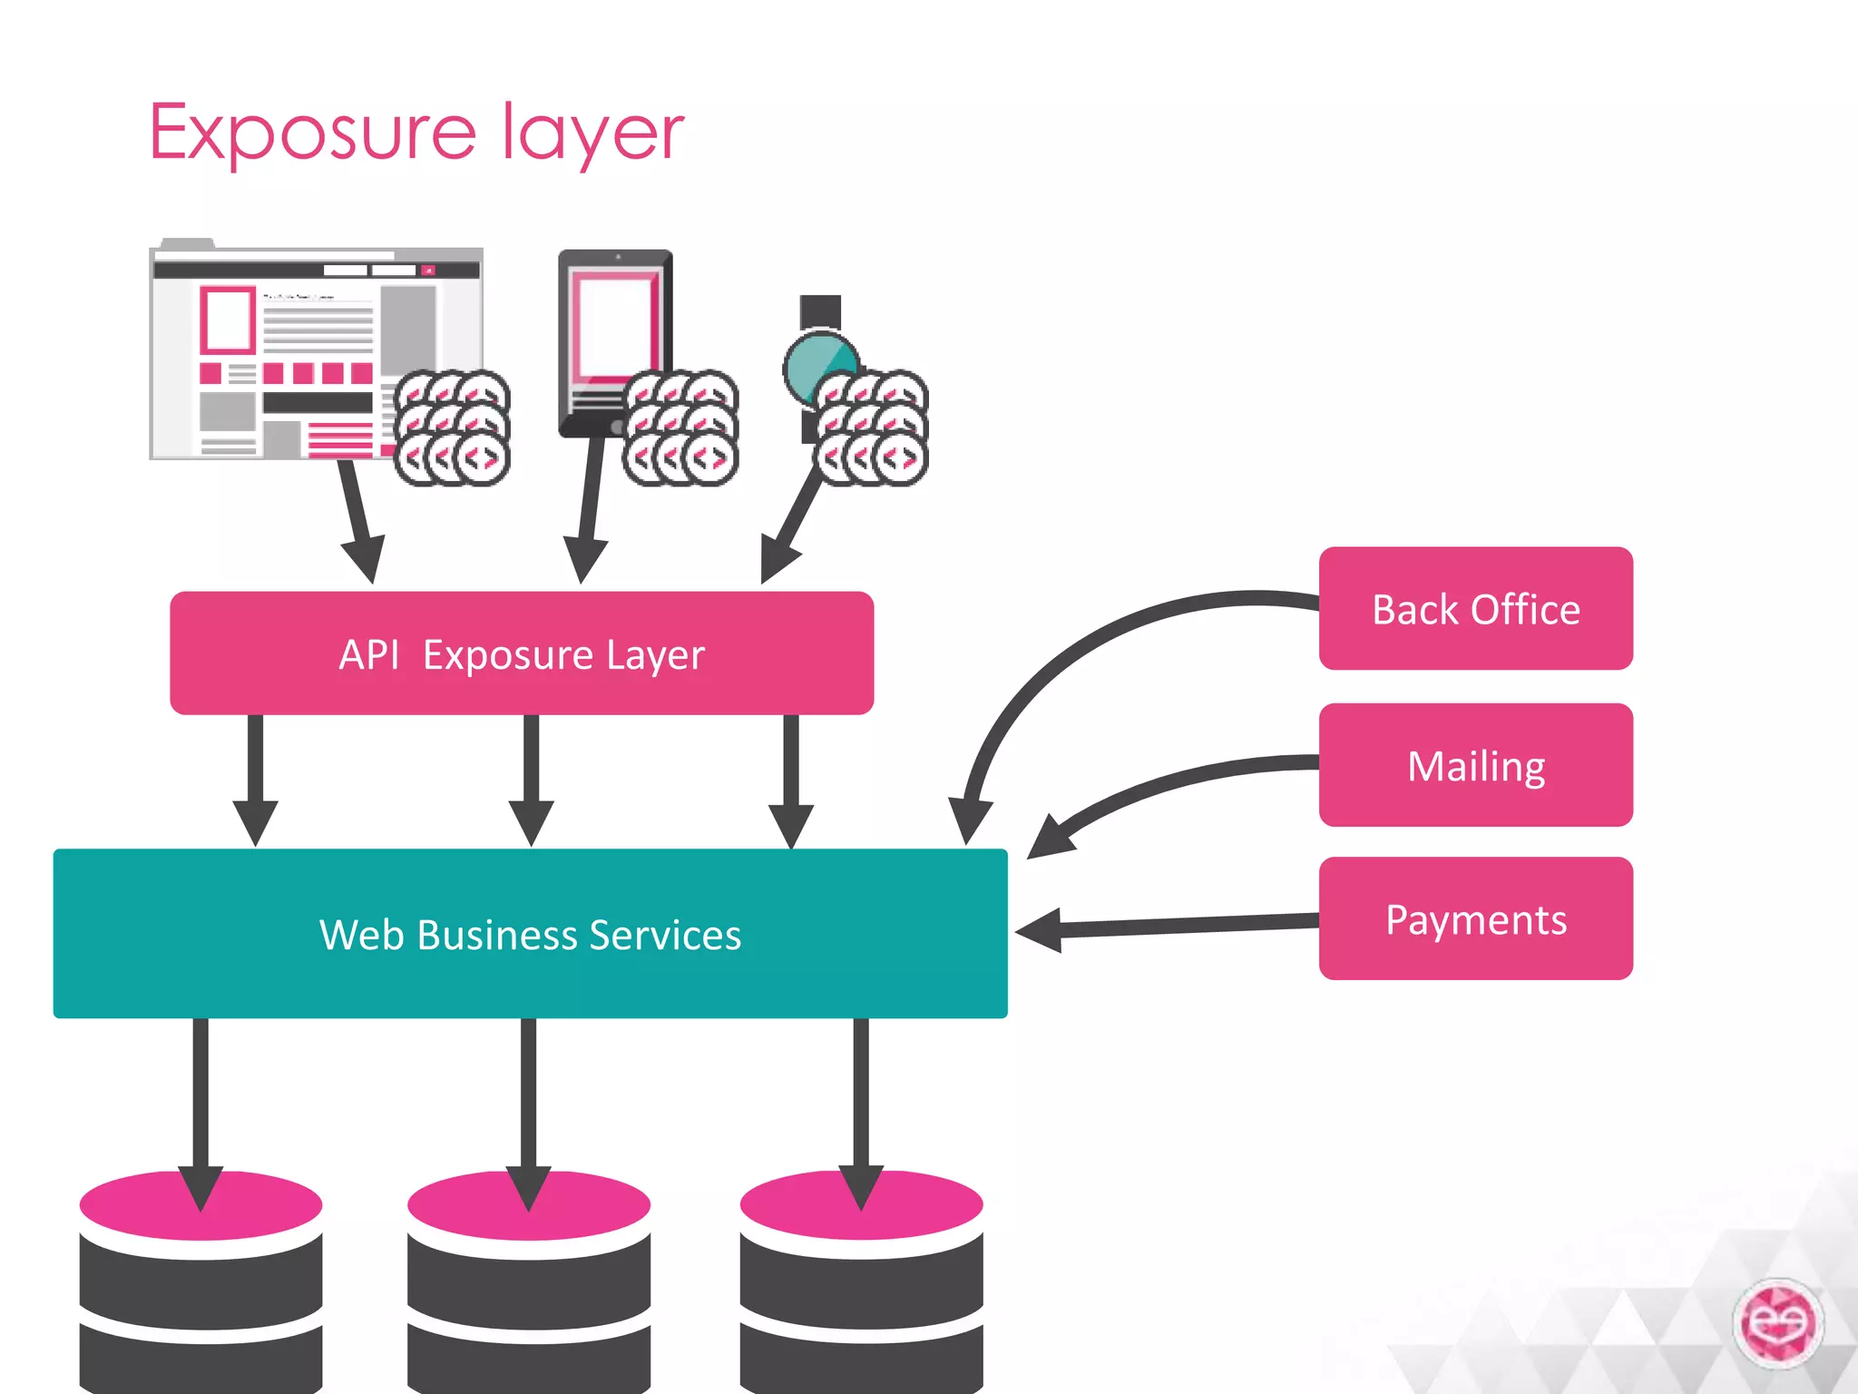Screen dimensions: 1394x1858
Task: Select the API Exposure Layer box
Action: [x=522, y=653]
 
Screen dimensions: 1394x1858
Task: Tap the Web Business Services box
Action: [x=530, y=934]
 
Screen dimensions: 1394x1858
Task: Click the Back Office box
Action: [x=1475, y=609]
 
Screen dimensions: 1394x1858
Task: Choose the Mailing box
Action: [x=1475, y=765]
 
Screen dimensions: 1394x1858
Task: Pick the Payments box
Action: [x=1475, y=918]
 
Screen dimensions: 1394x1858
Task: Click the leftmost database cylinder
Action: [x=200, y=1289]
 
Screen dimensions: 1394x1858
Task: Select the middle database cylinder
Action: [x=529, y=1289]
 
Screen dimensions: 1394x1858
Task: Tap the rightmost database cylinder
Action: [x=861, y=1289]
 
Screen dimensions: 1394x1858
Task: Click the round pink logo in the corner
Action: [x=1777, y=1323]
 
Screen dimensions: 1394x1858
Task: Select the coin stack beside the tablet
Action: [x=680, y=427]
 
